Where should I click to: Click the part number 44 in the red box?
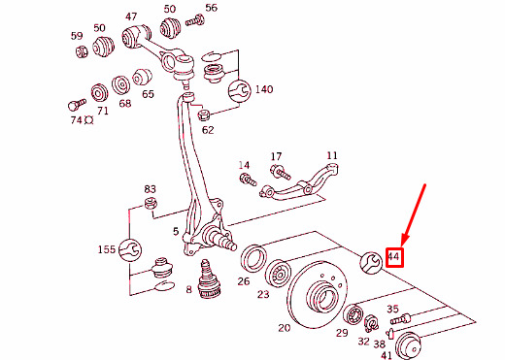point(393,257)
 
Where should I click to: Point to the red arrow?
point(414,216)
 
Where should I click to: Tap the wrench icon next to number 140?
point(240,91)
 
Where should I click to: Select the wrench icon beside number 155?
point(130,250)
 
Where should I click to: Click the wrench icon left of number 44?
point(371,262)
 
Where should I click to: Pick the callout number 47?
point(131,16)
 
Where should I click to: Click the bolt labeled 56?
point(195,21)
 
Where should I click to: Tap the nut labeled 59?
point(82,51)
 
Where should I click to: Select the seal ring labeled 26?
point(253,258)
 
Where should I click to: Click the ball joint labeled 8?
point(209,279)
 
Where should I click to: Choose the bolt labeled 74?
point(77,104)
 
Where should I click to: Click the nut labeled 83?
point(151,204)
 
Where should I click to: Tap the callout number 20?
point(285,328)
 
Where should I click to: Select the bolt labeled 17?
point(281,173)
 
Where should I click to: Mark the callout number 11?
point(332,156)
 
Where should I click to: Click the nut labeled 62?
point(204,115)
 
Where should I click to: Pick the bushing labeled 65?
point(143,77)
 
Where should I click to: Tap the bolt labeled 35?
point(400,318)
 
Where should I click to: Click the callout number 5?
point(176,231)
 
